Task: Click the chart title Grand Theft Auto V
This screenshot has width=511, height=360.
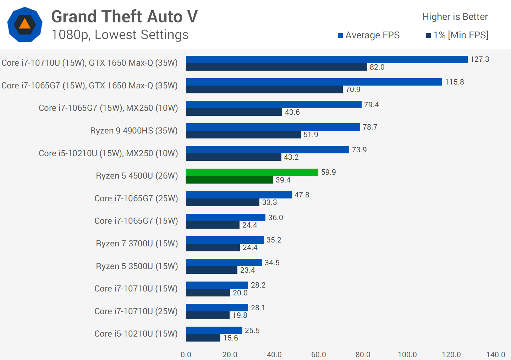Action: (x=124, y=17)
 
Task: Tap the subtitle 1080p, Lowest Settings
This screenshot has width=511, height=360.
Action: (x=120, y=35)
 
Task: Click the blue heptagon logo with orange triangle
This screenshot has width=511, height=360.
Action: (x=25, y=24)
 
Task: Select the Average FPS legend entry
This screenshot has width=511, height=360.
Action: (x=369, y=35)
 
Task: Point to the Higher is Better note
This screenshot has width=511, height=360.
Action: (x=455, y=17)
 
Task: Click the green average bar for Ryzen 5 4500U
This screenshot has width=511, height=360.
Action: (x=252, y=172)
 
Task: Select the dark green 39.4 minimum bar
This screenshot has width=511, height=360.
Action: (x=229, y=180)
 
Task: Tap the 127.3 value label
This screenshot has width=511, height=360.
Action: (x=479, y=59)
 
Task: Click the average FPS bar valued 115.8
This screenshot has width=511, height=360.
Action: (x=314, y=82)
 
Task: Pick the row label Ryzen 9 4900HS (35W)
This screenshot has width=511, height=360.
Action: (x=134, y=131)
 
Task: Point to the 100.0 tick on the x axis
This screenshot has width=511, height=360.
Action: (x=407, y=354)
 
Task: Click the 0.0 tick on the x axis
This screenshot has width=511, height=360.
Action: (x=186, y=354)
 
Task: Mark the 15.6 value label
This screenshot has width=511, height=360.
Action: (x=231, y=338)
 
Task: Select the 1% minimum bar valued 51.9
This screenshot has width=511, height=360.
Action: (x=243, y=135)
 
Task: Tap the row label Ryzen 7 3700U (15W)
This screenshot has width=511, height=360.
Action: (x=137, y=244)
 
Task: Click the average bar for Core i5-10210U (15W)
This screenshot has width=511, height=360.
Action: (x=214, y=330)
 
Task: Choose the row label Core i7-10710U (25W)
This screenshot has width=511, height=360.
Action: (x=136, y=311)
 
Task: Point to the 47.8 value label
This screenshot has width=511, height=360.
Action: (x=302, y=195)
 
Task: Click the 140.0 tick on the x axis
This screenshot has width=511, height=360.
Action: (x=495, y=354)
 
